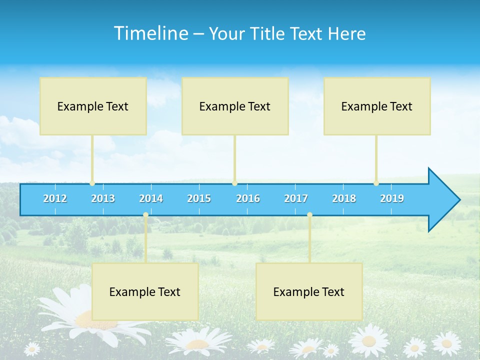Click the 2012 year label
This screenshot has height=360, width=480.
click(x=55, y=198)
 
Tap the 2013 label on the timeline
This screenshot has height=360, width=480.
click(x=103, y=198)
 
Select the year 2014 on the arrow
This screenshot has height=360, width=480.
click(x=151, y=198)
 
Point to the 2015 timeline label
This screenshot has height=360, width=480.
click(x=199, y=198)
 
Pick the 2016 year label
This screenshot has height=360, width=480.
click(x=248, y=198)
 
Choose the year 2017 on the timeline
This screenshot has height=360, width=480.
click(x=296, y=198)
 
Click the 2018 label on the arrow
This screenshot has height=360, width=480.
click(x=344, y=198)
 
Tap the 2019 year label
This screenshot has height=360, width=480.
click(x=392, y=198)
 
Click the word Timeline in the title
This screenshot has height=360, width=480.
click(x=150, y=33)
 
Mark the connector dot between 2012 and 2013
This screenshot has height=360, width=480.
click(x=92, y=183)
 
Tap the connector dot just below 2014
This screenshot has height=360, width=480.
click(x=145, y=215)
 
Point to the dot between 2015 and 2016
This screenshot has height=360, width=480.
click(x=234, y=183)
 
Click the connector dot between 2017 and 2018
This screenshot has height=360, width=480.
click(x=309, y=215)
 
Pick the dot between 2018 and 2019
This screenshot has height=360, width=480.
click(x=376, y=183)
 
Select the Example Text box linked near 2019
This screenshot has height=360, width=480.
click(x=377, y=106)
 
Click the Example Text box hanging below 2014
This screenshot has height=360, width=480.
click(x=145, y=291)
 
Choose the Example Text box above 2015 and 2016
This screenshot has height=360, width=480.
click(x=235, y=106)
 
